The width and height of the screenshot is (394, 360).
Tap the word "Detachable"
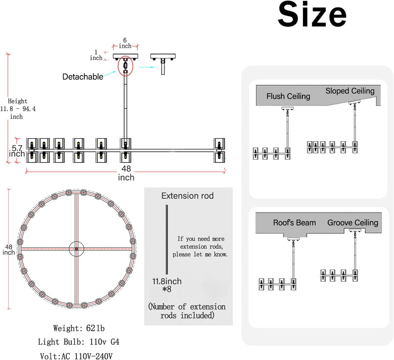coord(83,77)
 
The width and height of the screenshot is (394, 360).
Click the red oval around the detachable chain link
coord(119,66)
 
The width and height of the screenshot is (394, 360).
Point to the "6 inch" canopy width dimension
coord(125,43)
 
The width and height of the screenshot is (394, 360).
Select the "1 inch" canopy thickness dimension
coord(96,55)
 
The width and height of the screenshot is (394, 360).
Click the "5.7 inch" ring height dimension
coord(17,151)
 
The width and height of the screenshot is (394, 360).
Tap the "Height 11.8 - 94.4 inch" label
coord(18,109)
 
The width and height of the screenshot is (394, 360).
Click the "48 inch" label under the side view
coord(126,173)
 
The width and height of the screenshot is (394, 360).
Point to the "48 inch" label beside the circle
coord(8,250)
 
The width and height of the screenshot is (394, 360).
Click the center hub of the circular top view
coord(77,249)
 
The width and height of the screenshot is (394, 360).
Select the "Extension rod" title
coord(187,196)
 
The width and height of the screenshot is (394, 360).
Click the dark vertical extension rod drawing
coord(167,239)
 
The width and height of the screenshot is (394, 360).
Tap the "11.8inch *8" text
coord(167,285)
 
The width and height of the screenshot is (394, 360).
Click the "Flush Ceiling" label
coord(288,96)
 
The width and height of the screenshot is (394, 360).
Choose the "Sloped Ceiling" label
coord(350,91)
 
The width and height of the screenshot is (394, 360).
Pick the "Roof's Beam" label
coord(294,223)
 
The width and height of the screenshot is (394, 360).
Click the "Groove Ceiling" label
coord(353,223)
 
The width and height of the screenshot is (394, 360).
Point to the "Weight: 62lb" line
coord(79,328)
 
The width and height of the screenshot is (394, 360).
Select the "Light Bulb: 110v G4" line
coord(78,342)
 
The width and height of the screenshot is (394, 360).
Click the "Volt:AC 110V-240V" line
coord(77,356)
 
